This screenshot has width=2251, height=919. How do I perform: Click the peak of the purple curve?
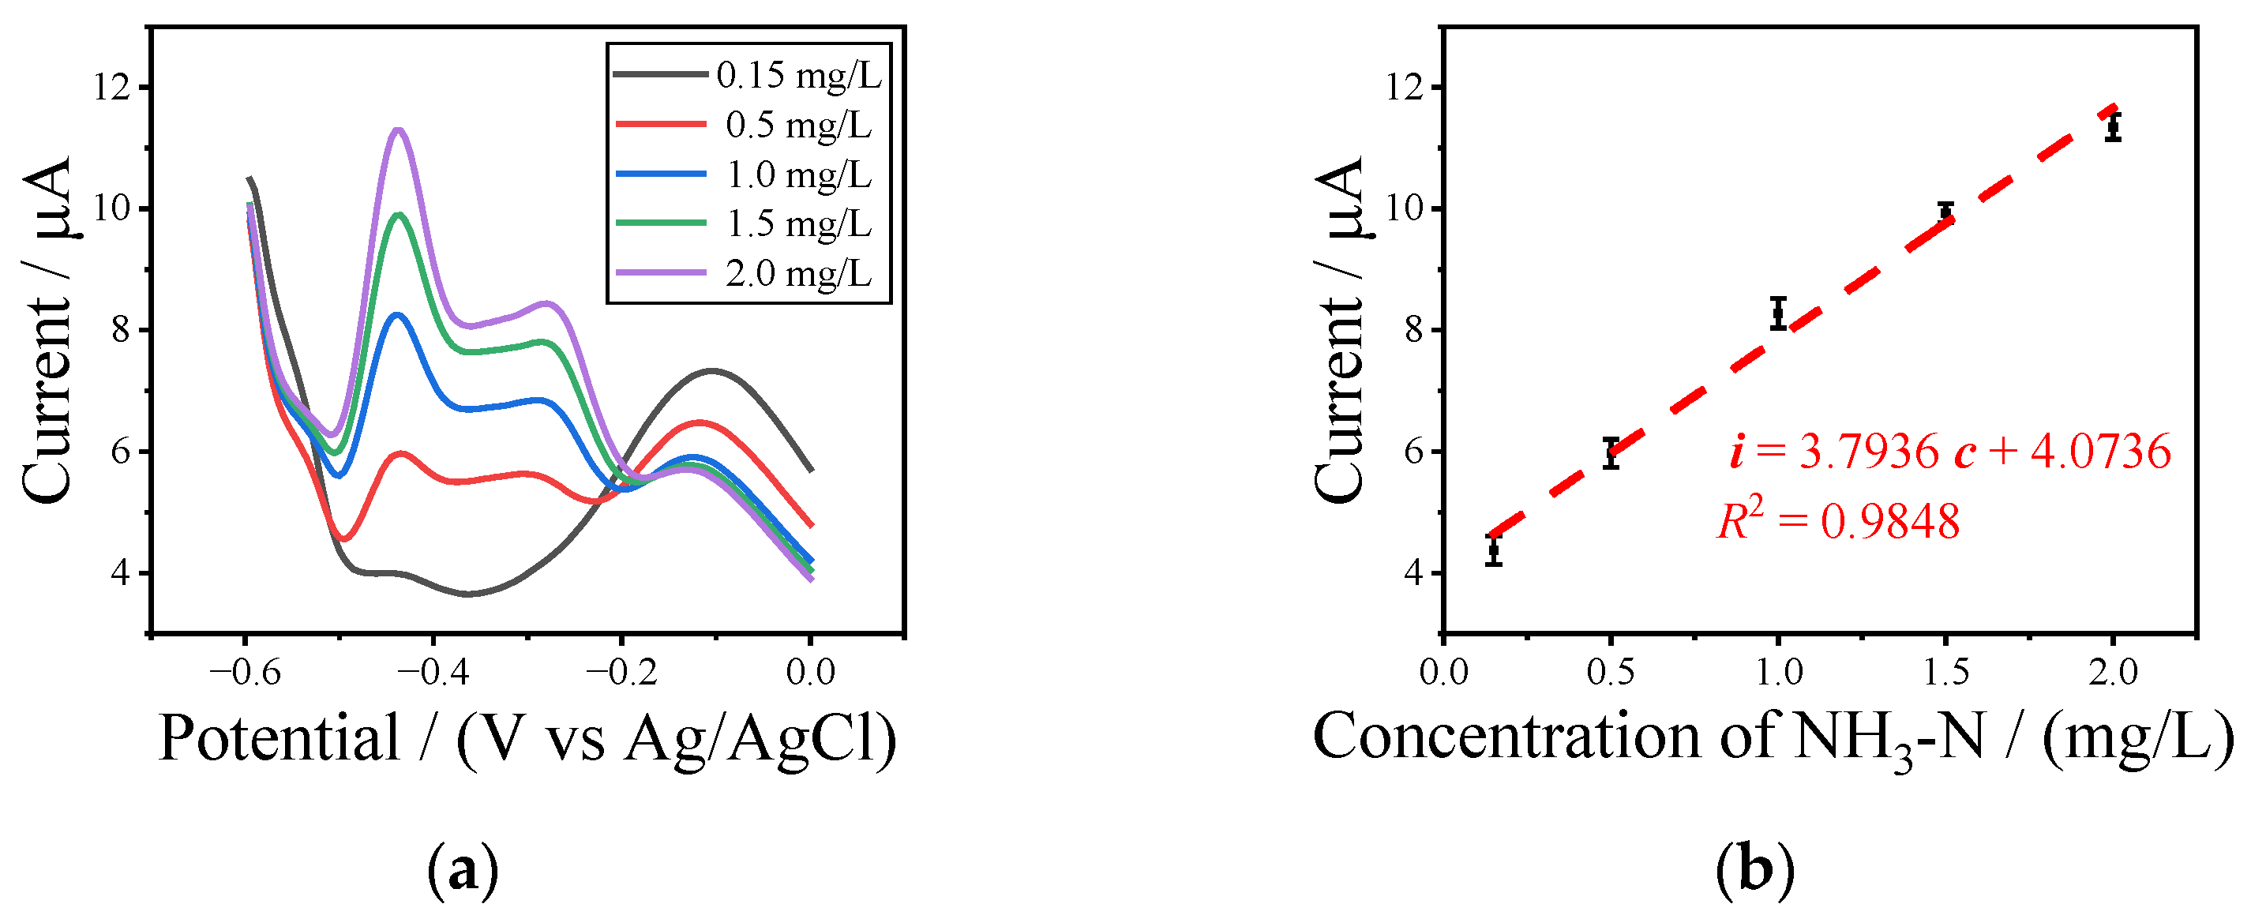click(400, 129)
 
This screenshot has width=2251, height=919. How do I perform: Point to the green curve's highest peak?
click(400, 213)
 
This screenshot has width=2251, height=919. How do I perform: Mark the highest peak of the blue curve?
click(399, 313)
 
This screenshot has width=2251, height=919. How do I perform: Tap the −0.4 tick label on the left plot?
click(433, 672)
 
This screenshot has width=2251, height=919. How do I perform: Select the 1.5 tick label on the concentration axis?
click(1946, 672)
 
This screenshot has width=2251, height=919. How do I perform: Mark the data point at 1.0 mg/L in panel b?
click(1778, 313)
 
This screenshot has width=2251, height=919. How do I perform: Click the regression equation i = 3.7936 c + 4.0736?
click(1949, 452)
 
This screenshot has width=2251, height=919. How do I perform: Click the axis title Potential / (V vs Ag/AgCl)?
click(527, 739)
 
